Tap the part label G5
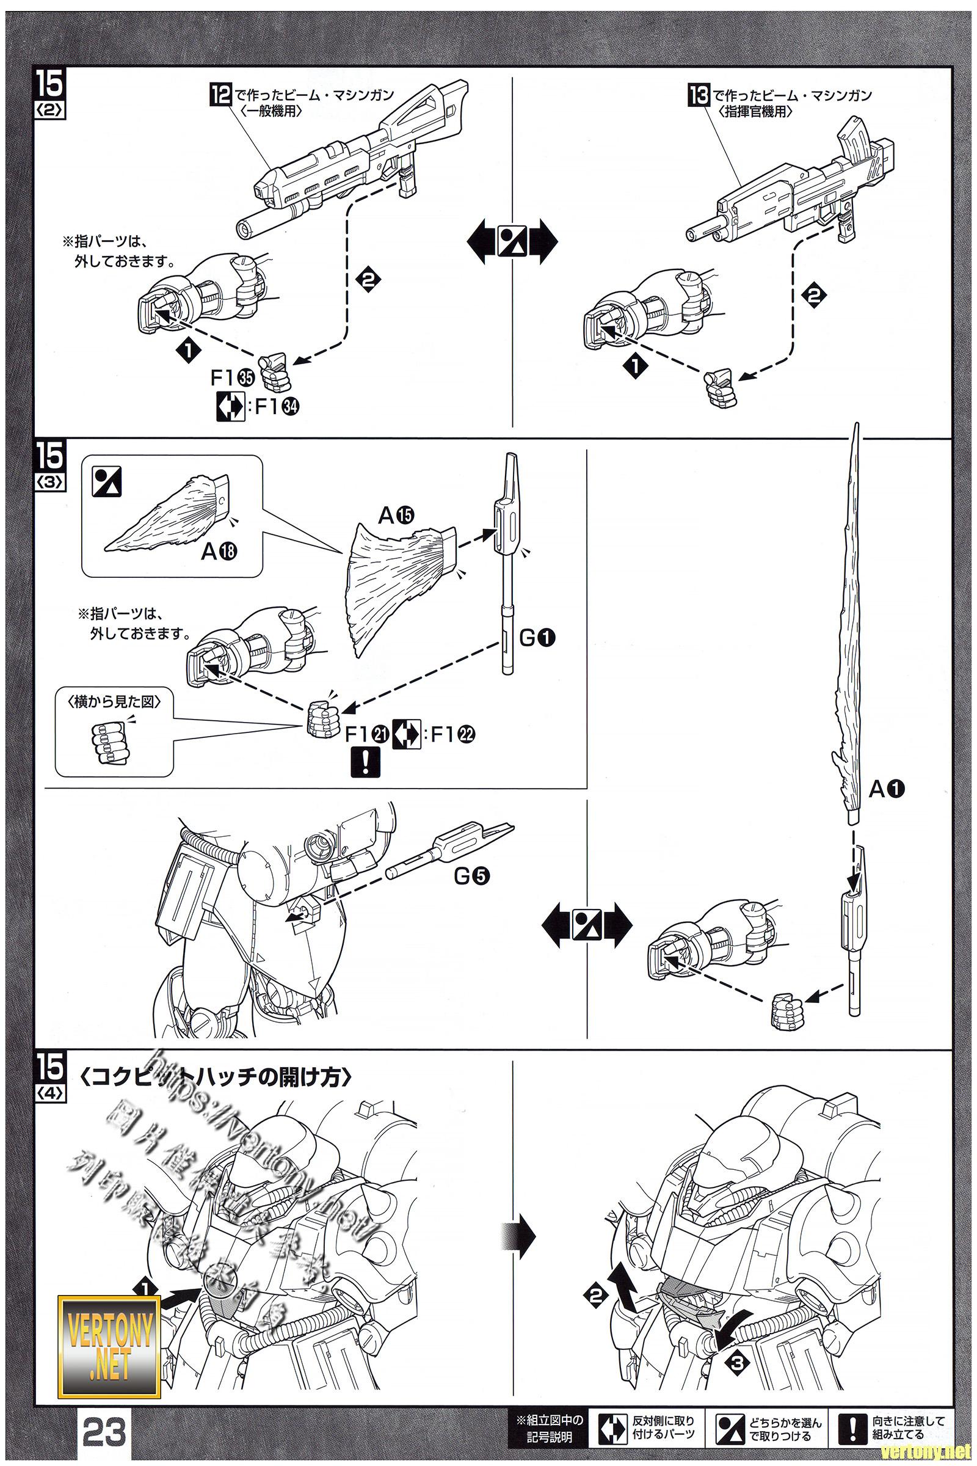(471, 876)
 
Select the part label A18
(220, 551)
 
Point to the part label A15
(396, 515)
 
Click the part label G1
(537, 637)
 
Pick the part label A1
(887, 789)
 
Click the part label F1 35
(233, 378)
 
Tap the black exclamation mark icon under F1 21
(365, 762)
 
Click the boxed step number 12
(220, 95)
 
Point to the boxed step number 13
(699, 95)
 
